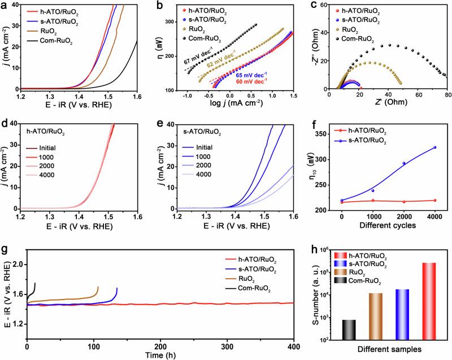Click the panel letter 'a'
click(4, 5)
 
